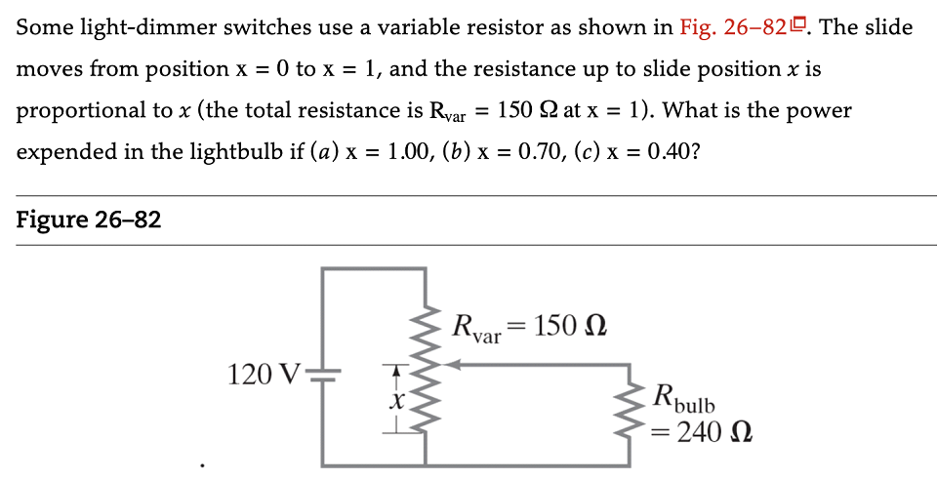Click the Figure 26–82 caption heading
(89, 221)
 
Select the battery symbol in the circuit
(324, 374)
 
